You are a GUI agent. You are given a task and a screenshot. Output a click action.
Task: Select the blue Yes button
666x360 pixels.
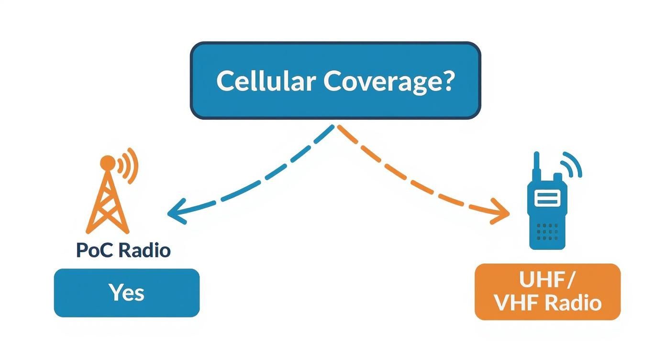[x=126, y=292]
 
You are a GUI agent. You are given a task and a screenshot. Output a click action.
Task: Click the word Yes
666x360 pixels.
[x=126, y=292]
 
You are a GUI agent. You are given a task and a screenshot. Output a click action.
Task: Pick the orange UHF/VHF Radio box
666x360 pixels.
[x=547, y=292]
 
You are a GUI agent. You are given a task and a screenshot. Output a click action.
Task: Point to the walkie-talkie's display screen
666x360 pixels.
[x=547, y=197]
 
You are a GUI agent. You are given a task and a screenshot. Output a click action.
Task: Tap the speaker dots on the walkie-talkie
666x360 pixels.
[x=547, y=231]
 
